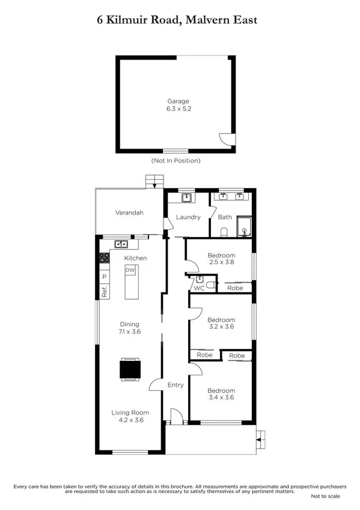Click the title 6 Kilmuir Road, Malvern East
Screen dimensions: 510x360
(177, 20)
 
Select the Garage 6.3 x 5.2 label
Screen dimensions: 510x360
(178, 106)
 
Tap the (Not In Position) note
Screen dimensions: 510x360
(175, 161)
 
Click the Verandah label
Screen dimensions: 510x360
(129, 213)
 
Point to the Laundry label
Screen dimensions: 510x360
(188, 217)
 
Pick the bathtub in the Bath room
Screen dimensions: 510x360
(244, 227)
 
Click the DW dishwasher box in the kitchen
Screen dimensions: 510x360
(130, 271)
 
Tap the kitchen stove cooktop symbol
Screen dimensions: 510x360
(104, 259)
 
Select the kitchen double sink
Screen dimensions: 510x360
(121, 244)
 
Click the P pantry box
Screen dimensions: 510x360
(104, 277)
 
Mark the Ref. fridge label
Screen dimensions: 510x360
(104, 292)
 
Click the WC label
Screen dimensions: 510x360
(199, 288)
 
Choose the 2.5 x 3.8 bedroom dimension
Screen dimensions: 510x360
(221, 262)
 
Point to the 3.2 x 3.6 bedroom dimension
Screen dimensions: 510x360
(221, 327)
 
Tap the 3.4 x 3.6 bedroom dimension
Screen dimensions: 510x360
(221, 397)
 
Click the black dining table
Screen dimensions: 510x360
(130, 369)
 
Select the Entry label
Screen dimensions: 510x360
(175, 385)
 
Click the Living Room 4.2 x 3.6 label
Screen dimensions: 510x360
(129, 417)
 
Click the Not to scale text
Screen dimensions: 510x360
(325, 496)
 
